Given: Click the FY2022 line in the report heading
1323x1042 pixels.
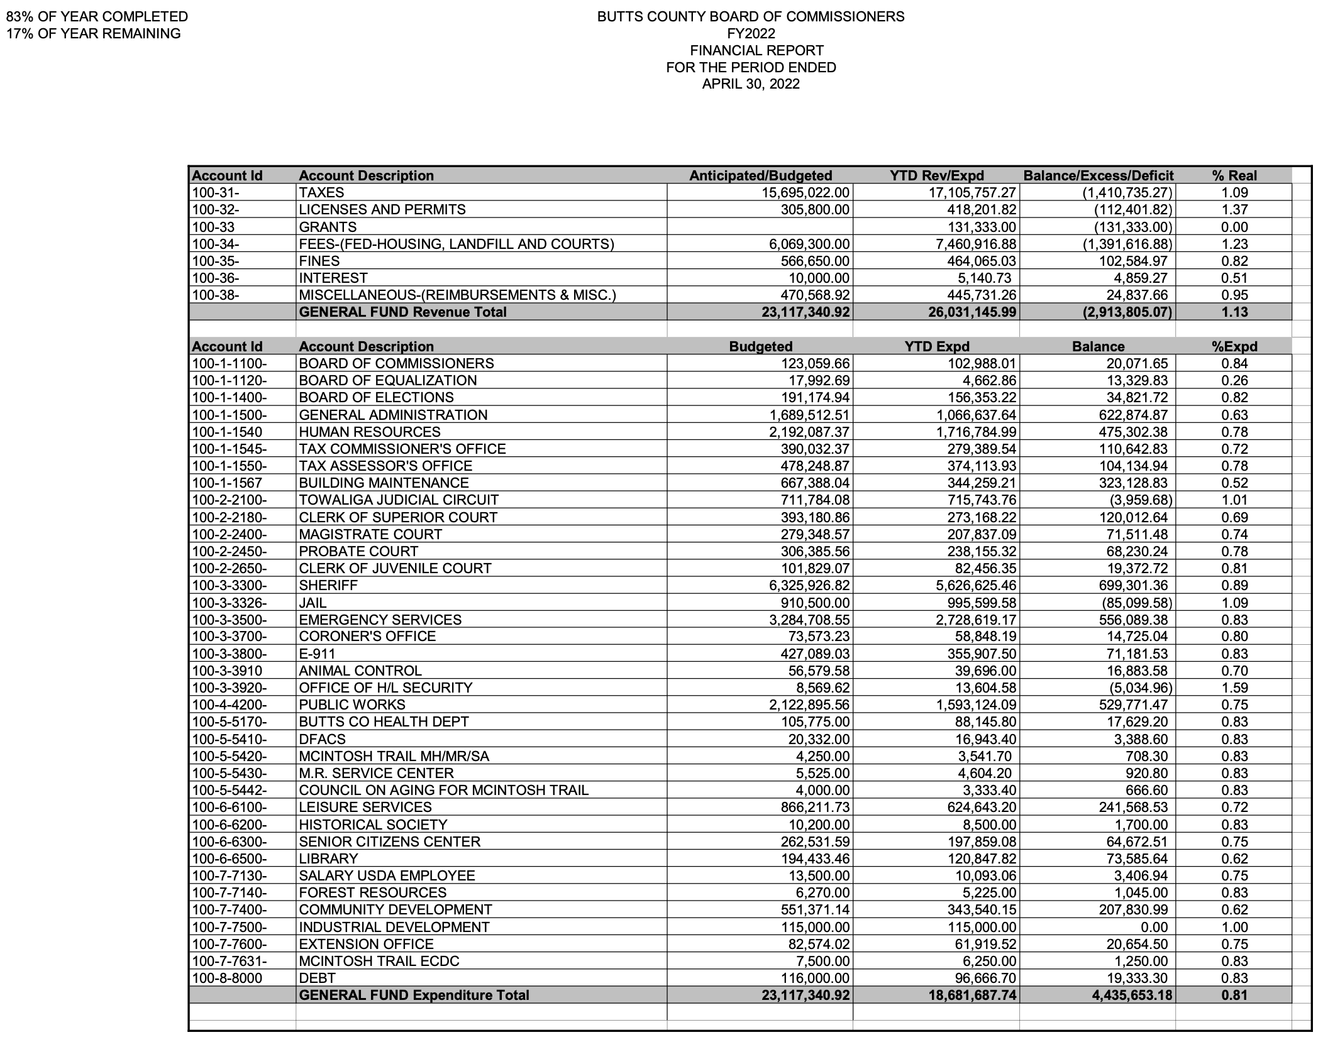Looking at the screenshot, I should pyautogui.click(x=751, y=33).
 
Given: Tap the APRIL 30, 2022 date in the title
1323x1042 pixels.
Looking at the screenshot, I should pyautogui.click(x=751, y=84).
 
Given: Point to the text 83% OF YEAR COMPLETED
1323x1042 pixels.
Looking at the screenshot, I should pyautogui.click(x=97, y=17).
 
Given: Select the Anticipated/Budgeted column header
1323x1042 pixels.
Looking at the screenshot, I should pyautogui.click(x=760, y=176).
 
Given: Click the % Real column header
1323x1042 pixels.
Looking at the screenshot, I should pyautogui.click(x=1234, y=176).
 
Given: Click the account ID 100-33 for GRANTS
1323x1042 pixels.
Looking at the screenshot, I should pyautogui.click(x=213, y=227).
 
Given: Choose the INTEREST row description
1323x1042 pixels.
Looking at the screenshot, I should pyautogui.click(x=333, y=278).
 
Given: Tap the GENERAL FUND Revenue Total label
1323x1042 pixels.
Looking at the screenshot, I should pyautogui.click(x=402, y=312).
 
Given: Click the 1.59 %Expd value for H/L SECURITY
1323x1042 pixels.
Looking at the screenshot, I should pyautogui.click(x=1234, y=688).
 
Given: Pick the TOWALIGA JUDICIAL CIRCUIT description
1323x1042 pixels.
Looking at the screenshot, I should pyautogui.click(x=399, y=500).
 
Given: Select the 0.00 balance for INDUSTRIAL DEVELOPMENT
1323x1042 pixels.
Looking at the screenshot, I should pyautogui.click(x=1154, y=927).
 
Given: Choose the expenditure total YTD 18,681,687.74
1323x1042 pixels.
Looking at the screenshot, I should pyautogui.click(x=972, y=995).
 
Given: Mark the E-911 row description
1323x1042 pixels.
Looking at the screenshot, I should pyautogui.click(x=317, y=654).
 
